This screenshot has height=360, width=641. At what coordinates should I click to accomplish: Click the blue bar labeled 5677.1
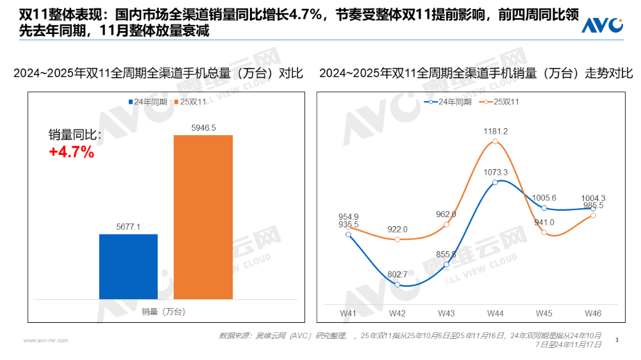(128, 266)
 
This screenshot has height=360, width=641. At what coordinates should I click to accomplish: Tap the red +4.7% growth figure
(72, 152)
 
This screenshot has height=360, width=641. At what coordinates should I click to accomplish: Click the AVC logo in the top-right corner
(602, 25)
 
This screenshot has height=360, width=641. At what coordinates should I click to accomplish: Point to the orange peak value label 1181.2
(495, 131)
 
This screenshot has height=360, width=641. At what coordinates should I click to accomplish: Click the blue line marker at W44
(495, 183)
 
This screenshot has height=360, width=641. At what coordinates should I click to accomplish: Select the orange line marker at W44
(495, 142)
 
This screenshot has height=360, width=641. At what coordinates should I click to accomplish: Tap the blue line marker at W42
(397, 284)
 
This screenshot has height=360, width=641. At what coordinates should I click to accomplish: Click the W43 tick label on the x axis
(446, 313)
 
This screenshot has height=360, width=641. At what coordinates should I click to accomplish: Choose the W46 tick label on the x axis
(593, 313)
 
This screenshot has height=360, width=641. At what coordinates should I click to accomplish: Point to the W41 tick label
(348, 313)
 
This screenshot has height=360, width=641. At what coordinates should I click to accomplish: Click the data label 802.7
(397, 274)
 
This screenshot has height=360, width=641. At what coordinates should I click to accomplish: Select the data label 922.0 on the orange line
(397, 229)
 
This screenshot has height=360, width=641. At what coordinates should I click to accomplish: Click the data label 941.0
(544, 222)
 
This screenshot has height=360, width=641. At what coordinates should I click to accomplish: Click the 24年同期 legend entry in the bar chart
(151, 102)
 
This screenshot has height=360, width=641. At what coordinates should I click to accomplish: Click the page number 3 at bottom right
(616, 340)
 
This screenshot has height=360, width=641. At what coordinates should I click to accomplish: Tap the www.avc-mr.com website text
(45, 341)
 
